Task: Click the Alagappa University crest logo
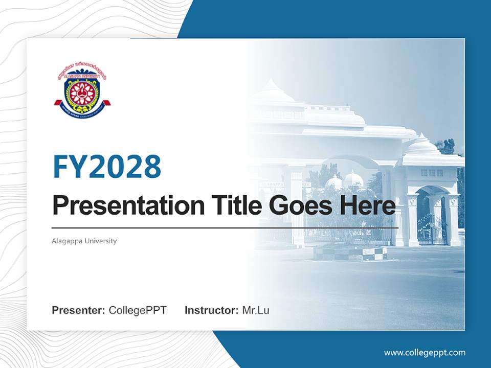82,90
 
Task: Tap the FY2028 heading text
107,166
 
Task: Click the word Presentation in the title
121,206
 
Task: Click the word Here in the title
367,205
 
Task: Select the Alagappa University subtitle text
84,241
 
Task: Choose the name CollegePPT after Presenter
138,310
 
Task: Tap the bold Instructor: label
211,310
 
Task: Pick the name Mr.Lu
256,310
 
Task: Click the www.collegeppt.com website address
425,352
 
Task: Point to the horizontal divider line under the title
225,227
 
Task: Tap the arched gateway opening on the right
431,215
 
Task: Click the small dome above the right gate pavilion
422,145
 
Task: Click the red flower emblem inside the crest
82,92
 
